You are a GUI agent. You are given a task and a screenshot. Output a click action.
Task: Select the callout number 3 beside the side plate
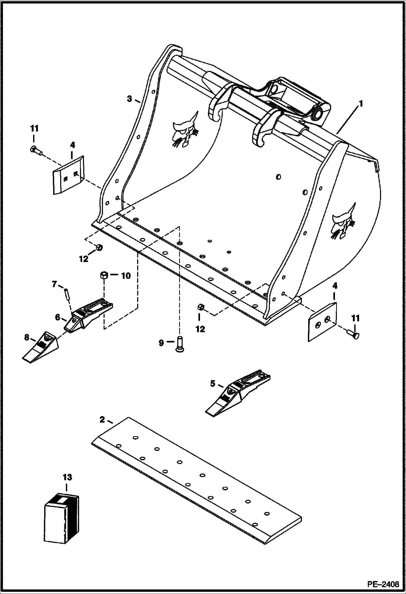click(x=130, y=99)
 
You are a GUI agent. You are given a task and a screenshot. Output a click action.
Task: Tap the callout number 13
click(x=67, y=477)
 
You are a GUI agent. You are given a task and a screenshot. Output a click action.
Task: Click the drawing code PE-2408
click(x=383, y=583)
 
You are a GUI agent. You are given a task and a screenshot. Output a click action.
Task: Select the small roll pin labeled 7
click(x=66, y=295)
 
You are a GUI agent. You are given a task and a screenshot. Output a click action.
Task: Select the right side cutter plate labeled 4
click(x=323, y=321)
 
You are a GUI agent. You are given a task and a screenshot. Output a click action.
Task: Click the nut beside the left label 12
click(x=99, y=247)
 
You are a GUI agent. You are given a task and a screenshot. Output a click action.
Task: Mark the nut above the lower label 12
click(x=200, y=308)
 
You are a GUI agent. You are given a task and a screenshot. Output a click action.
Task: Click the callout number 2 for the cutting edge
click(x=102, y=427)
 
